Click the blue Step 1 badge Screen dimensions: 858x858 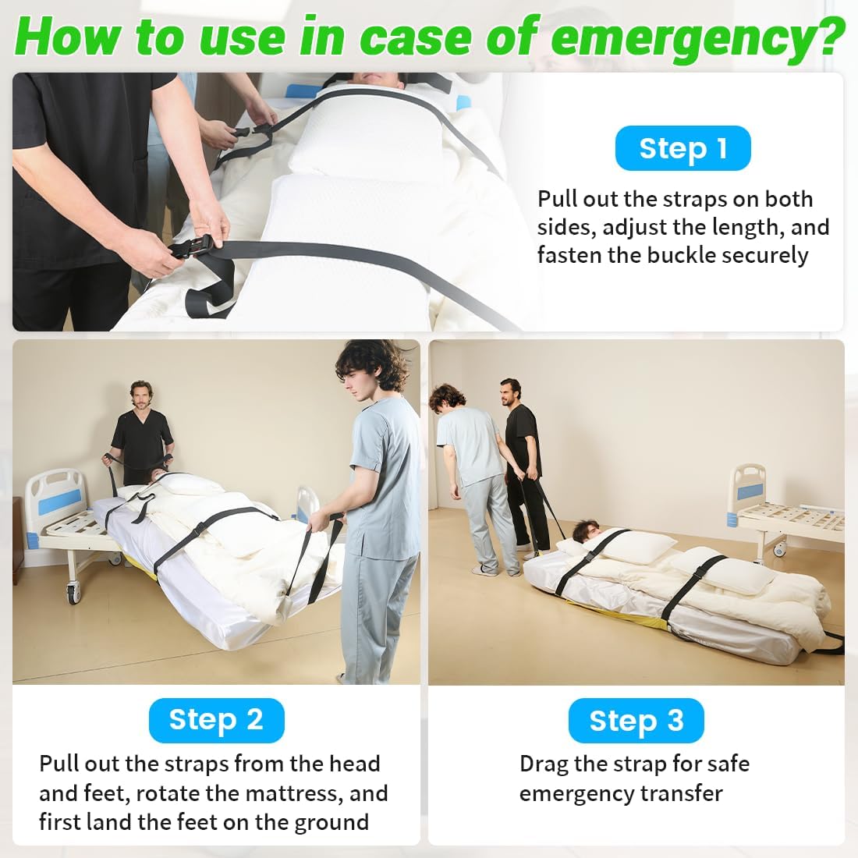click(682, 148)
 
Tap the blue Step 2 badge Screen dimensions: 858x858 click(216, 720)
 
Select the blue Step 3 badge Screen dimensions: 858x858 click(636, 721)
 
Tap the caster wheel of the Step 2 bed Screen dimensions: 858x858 click(75, 593)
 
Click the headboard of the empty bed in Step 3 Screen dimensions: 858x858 click(747, 487)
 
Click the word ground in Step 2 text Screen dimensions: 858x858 click(331, 822)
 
